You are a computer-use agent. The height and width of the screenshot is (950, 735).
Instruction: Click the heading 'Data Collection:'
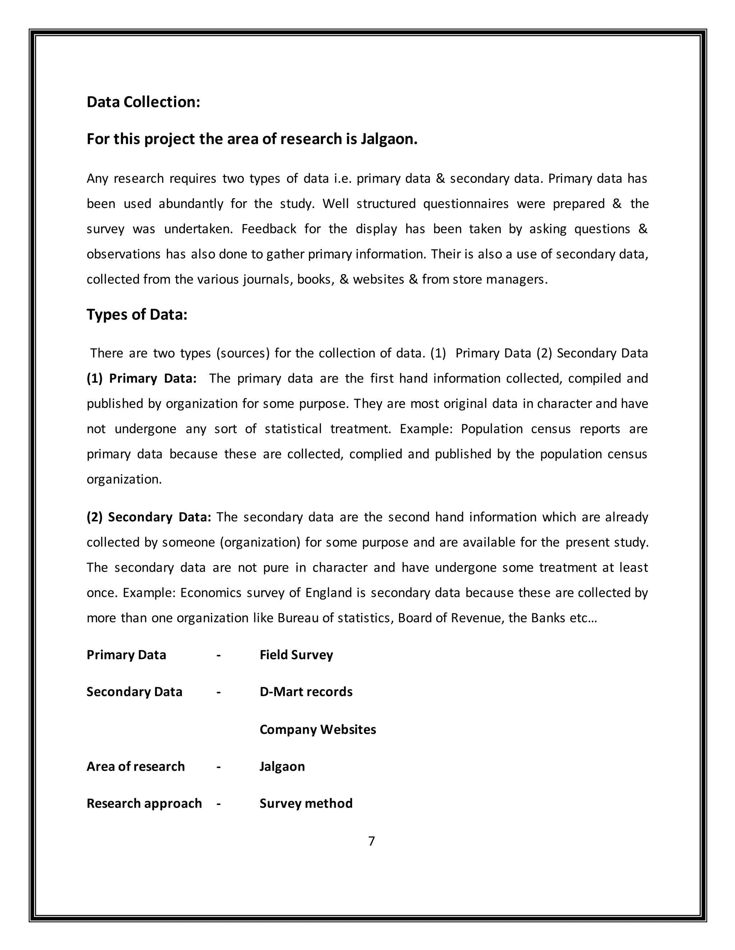click(143, 102)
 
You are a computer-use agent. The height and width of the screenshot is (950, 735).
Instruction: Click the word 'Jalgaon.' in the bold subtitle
click(389, 139)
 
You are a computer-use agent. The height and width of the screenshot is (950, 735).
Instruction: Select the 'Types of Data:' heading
click(137, 314)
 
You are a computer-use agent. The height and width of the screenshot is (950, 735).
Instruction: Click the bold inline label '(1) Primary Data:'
click(141, 379)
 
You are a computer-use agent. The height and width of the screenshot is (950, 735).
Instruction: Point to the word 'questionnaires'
click(465, 204)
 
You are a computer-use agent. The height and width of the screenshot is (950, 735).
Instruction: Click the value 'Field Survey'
click(296, 655)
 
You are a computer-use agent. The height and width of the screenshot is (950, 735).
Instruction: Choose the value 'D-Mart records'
click(306, 692)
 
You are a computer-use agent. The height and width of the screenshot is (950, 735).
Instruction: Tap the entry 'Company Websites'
click(317, 729)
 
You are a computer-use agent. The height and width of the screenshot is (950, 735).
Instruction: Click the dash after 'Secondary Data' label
click(219, 692)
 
